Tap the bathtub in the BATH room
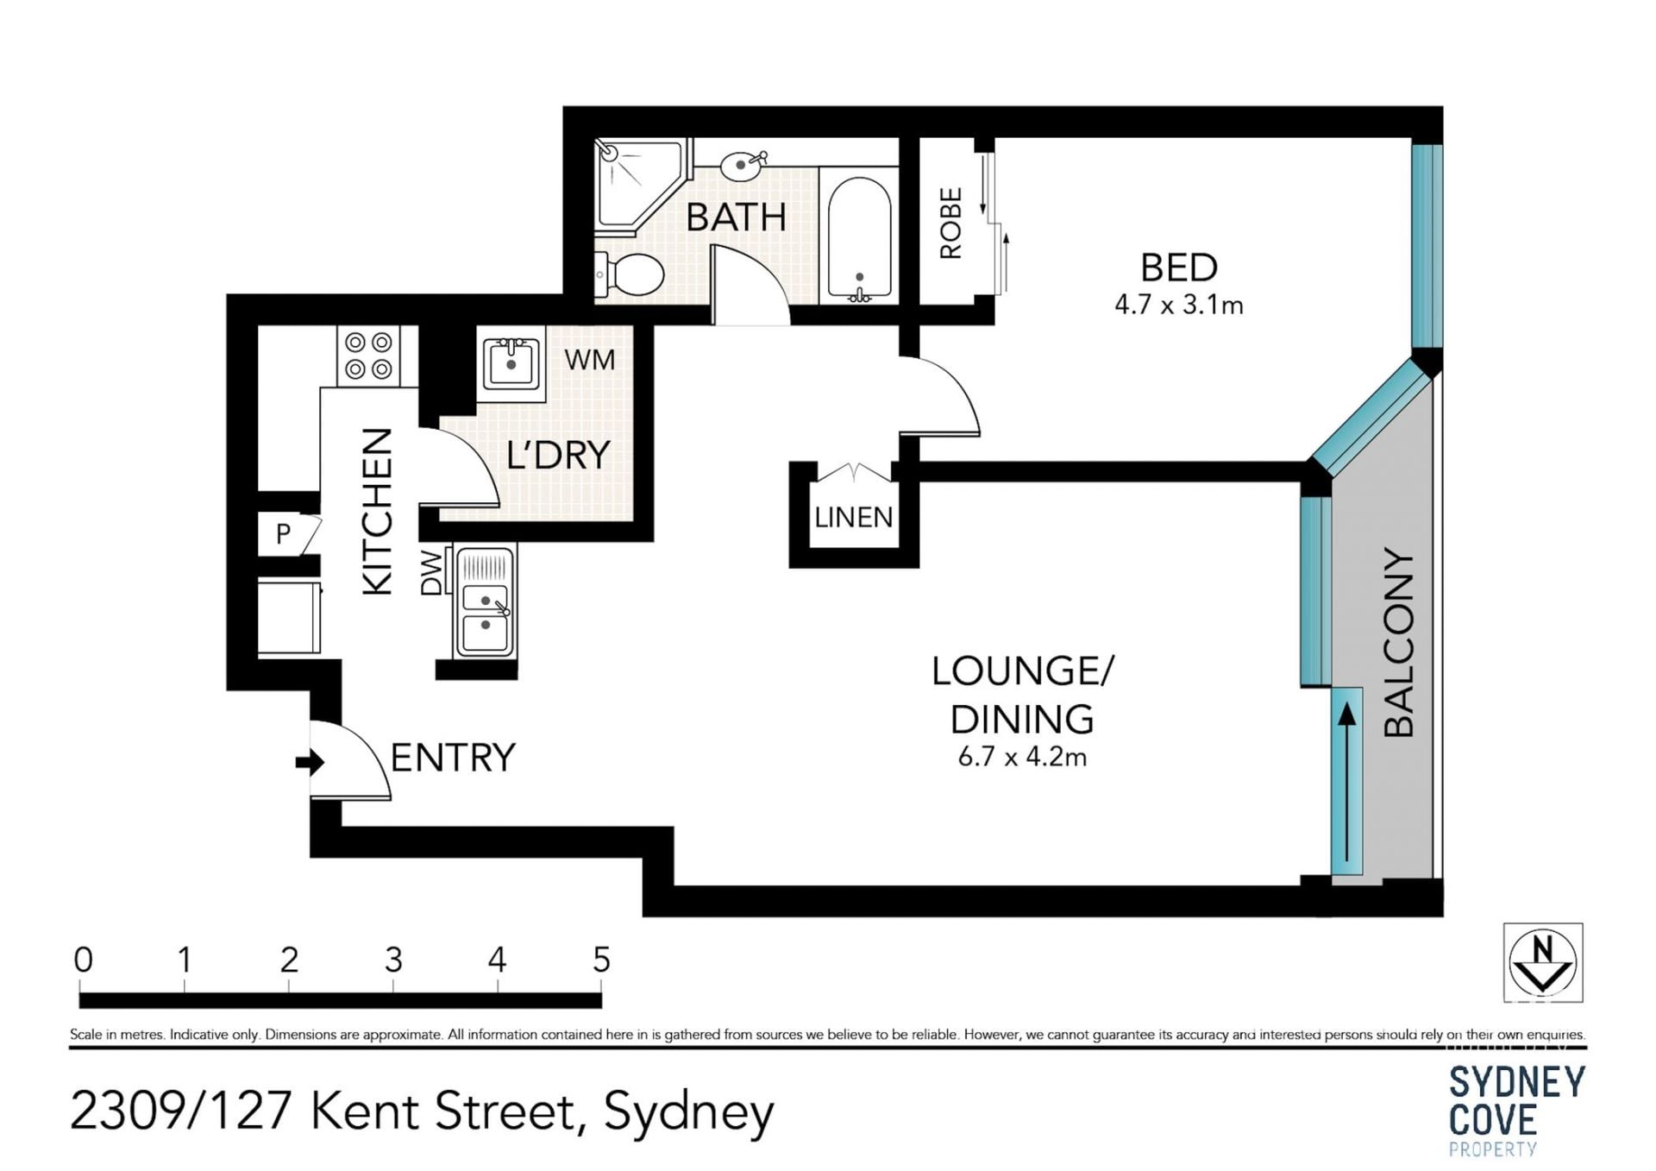[x=859, y=237]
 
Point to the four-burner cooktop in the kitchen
[x=368, y=356]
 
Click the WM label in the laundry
[x=590, y=359]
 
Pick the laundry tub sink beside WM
[x=511, y=362]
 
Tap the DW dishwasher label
[x=431, y=572]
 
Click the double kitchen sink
[x=485, y=601]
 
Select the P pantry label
[x=283, y=534]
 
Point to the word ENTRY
[x=453, y=758]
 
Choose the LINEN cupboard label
[x=854, y=518]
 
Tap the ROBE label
[x=950, y=223]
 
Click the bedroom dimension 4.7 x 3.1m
[x=1179, y=305]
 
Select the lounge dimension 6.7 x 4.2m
[x=1022, y=757]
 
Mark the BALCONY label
[x=1399, y=642]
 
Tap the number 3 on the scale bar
[x=393, y=960]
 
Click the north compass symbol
[x=1543, y=962]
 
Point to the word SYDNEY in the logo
[x=1517, y=1082]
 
